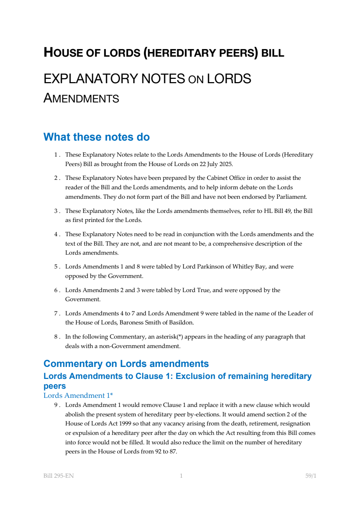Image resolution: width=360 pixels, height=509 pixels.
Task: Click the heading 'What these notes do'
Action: click(96, 137)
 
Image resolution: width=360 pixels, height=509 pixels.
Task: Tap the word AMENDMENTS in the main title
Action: click(81, 98)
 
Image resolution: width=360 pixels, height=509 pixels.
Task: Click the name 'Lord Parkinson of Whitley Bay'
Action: click(224, 267)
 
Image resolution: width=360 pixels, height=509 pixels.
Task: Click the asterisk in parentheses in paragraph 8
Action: click(180, 337)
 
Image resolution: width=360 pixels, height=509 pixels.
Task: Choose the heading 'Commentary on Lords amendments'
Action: click(126, 364)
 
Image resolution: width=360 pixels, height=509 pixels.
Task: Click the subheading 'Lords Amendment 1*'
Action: click(78, 396)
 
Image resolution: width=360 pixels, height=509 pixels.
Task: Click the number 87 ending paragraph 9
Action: click(173, 452)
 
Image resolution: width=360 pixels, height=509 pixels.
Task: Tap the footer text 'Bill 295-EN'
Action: click(58, 476)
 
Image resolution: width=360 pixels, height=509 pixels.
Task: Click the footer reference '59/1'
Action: click(311, 476)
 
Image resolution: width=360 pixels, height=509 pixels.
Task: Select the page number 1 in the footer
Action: click(181, 476)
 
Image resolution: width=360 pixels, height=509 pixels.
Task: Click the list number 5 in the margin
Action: click(56, 267)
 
